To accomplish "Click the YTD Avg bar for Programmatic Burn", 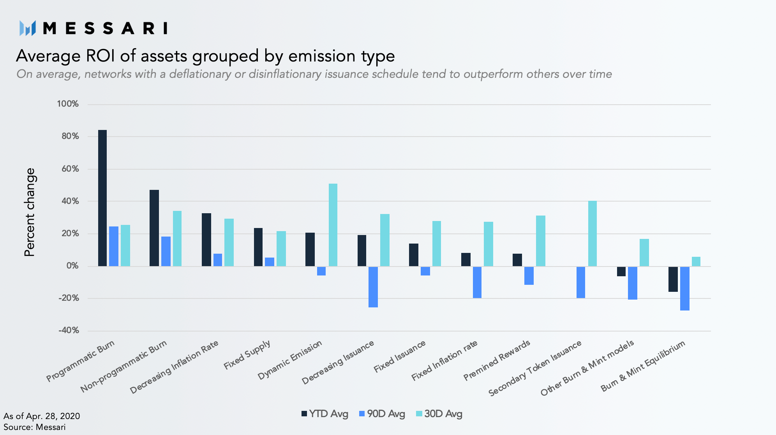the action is click(102, 198).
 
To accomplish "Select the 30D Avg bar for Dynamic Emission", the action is click(333, 225).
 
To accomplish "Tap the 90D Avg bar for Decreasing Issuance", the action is click(373, 287).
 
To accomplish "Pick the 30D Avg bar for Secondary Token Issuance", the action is click(593, 233).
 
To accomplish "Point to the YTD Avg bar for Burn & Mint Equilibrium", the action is click(673, 279).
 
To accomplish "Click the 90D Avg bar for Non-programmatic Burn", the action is click(166, 251).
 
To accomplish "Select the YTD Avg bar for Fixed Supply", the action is click(258, 247).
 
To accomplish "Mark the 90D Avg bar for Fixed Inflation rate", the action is click(477, 282).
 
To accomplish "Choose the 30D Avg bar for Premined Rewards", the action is click(541, 241).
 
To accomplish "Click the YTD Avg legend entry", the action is click(325, 414).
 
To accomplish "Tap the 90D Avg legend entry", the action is click(382, 414).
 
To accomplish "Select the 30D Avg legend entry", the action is click(439, 414).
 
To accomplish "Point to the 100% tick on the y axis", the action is click(68, 104).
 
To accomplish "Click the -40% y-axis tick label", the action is click(69, 330).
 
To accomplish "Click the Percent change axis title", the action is click(30, 212).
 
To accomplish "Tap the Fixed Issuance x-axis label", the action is click(400, 356).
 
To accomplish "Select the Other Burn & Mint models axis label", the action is click(587, 368).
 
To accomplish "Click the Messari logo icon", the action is click(28, 28).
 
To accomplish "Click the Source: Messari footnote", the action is click(34, 427).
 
